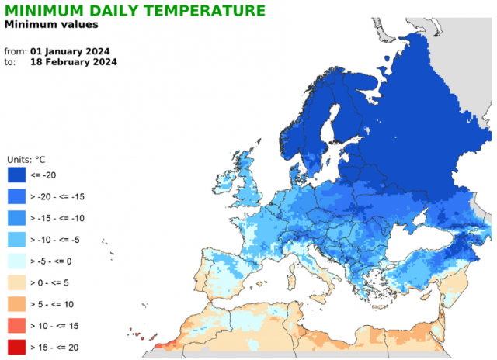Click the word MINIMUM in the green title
[x=43, y=10]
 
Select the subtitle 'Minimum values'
[x=51, y=24]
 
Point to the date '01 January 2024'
[x=70, y=51]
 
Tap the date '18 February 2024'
[x=74, y=62]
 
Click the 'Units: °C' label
[x=26, y=160]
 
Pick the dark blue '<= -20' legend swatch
[x=17, y=175]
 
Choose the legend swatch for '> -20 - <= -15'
[x=17, y=196]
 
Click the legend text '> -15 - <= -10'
[x=57, y=218]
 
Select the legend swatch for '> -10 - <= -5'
[x=17, y=240]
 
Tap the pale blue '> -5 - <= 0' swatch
[x=17, y=261]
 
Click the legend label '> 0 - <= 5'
[x=50, y=282]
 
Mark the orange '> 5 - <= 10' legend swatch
[x=17, y=304]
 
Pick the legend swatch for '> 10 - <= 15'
[x=17, y=326]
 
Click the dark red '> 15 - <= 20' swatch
[x=17, y=347]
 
